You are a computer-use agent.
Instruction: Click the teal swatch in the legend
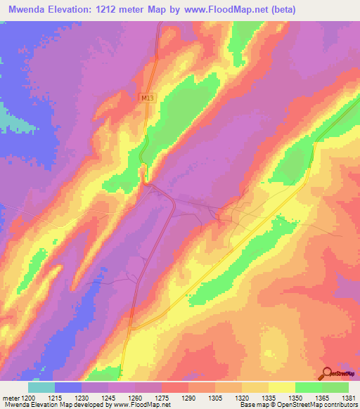click(41, 387)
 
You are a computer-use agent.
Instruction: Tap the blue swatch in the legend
click(68, 387)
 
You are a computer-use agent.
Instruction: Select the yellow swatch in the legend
click(281, 387)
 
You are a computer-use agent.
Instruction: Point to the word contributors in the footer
click(341, 405)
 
